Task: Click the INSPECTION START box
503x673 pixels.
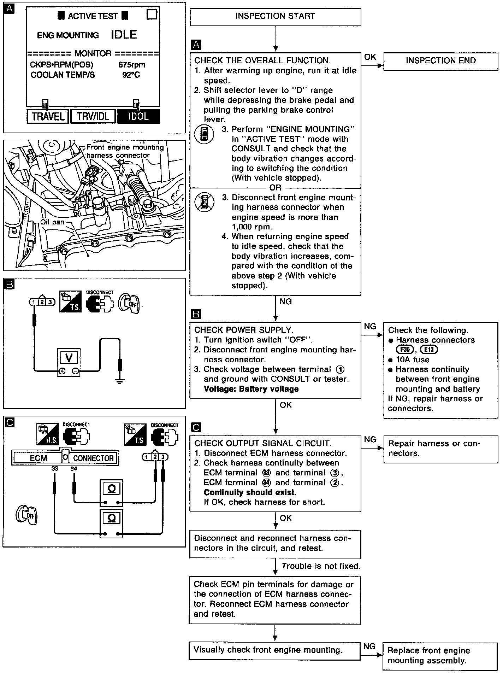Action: tap(275, 17)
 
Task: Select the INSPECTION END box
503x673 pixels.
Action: tap(440, 61)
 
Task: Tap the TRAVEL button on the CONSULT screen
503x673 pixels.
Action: tap(48, 116)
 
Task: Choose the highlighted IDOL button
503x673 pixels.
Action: tap(138, 116)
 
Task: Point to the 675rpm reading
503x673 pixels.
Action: tap(132, 65)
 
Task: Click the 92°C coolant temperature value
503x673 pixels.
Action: tap(131, 75)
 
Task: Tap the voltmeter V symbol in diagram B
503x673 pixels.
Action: tap(69, 358)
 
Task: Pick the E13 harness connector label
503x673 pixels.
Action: tap(429, 350)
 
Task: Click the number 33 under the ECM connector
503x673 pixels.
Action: tap(54, 469)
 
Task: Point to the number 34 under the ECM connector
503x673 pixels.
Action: tap(73, 469)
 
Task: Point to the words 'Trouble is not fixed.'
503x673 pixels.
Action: tap(320, 566)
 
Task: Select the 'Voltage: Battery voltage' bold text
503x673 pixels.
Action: tap(251, 389)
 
